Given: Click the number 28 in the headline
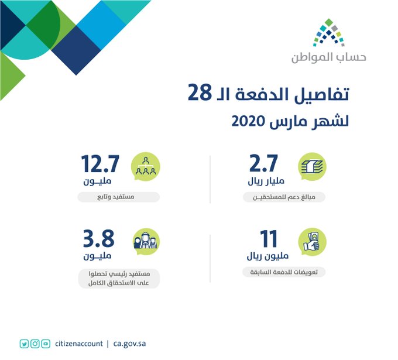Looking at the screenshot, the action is point(200,92).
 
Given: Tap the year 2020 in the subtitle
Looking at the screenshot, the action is point(248,121).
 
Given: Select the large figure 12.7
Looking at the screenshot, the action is point(100,164).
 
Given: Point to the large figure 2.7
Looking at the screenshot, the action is point(264,163).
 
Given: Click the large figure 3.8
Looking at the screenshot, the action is point(99,238).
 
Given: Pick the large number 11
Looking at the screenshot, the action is point(269,239).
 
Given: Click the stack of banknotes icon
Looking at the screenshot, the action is point(312,167).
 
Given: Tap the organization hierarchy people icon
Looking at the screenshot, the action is point(145,167).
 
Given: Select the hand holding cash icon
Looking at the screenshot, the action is point(312,242).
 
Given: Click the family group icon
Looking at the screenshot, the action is point(146,241).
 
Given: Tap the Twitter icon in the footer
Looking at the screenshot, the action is point(24,344).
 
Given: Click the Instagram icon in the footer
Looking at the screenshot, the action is point(35,344).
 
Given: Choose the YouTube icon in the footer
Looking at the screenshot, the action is point(46,344).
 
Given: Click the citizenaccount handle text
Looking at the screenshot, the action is point(79,344).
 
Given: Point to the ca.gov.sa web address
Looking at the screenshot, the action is point(129,344).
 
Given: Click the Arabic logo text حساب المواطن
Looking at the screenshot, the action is point(329,57).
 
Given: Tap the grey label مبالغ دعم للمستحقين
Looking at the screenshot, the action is point(284,197).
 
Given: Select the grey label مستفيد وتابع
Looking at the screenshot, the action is point(119,197).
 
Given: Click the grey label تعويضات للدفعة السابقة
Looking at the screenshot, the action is point(284,272).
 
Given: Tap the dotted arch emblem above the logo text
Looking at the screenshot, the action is point(329,33).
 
